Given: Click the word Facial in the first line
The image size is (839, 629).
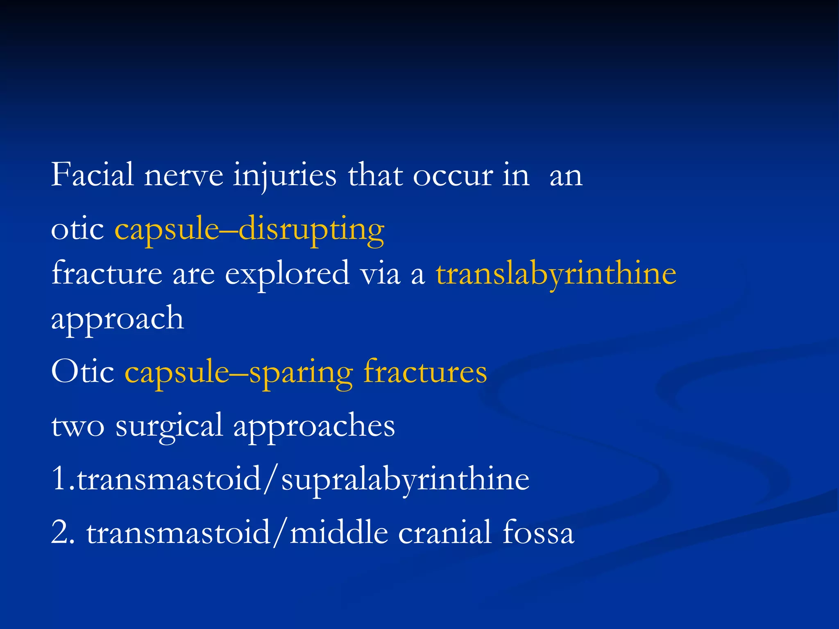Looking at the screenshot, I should (x=93, y=175).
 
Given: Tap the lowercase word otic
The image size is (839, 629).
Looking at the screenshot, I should (x=77, y=229).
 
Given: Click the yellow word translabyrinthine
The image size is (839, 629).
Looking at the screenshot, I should (x=556, y=274).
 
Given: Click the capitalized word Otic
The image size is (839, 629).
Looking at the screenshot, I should (x=82, y=372).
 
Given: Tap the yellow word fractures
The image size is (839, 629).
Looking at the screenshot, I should (x=425, y=372).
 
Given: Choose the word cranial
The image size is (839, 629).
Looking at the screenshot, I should (x=444, y=532).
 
